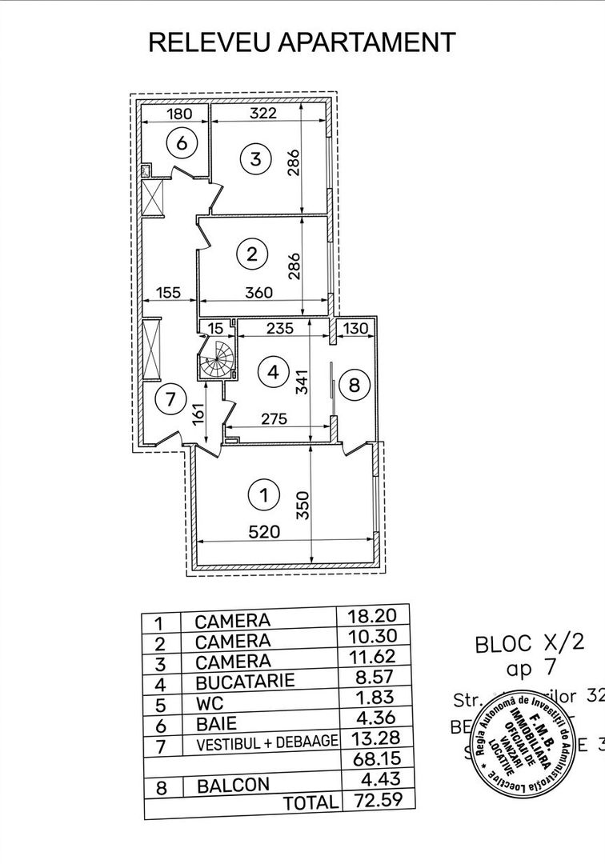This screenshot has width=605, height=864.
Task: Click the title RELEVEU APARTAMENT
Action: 302,42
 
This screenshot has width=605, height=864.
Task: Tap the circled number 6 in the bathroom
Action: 182,143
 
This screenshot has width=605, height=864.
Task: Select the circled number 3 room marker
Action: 255,158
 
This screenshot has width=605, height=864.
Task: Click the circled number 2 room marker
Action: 252,254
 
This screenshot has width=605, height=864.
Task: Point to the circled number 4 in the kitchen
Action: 274,372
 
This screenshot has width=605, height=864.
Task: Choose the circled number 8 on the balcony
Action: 354,385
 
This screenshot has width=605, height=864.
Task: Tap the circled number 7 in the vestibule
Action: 167,398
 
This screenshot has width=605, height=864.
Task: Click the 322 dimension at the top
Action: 262,113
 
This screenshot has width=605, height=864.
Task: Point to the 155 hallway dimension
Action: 169,293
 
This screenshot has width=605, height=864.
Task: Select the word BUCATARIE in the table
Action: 245,682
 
